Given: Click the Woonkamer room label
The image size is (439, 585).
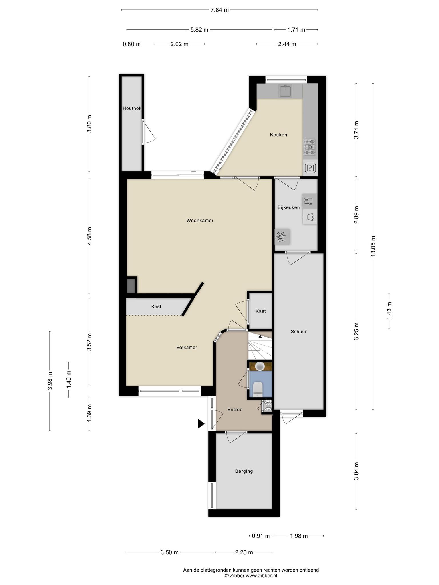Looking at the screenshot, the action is click(x=200, y=221).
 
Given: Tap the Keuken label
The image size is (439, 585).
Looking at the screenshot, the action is click(x=278, y=135).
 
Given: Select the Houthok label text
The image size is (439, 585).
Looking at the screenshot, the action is click(x=132, y=108).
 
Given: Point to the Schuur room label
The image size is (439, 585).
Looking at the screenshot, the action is click(x=299, y=332).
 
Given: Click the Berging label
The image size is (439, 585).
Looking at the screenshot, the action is click(x=244, y=471).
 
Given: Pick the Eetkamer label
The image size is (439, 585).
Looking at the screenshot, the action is click(x=187, y=348).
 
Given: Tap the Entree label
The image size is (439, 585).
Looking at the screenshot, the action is click(x=235, y=410).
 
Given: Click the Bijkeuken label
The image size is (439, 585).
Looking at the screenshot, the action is click(x=289, y=207).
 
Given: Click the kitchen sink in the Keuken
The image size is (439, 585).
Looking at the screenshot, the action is click(x=285, y=91).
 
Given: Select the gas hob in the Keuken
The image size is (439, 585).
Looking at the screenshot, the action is click(x=310, y=147).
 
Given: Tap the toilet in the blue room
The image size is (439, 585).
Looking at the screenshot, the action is click(x=258, y=389).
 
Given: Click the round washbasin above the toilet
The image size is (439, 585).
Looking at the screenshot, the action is click(x=260, y=366).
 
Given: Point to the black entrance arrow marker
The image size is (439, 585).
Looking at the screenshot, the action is click(x=201, y=424).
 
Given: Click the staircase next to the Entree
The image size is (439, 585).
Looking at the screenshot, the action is click(x=260, y=346).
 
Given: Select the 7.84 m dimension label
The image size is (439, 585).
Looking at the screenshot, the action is click(x=219, y=10).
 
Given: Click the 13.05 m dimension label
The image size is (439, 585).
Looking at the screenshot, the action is click(x=373, y=246).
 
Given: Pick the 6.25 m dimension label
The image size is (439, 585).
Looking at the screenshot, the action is click(x=356, y=331).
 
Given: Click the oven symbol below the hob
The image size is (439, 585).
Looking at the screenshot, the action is click(x=310, y=168).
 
